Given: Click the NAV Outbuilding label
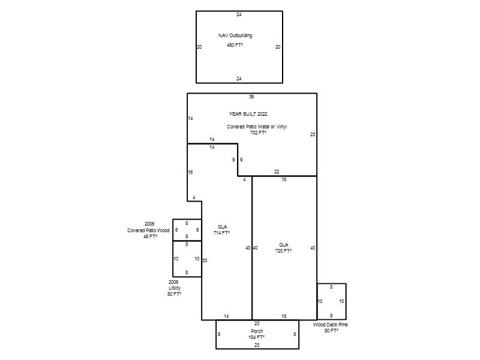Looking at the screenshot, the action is pyautogui.click(x=235, y=35).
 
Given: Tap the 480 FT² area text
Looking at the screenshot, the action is pyautogui.click(x=235, y=45).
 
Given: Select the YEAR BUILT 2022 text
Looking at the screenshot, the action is pyautogui.click(x=248, y=114).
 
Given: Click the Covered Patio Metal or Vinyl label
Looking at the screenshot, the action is pyautogui.click(x=257, y=127).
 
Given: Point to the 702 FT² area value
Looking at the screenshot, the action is pyautogui.click(x=258, y=133).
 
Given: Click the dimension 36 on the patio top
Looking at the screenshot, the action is pyautogui.click(x=251, y=97).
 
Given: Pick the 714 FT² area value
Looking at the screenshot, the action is pyautogui.click(x=221, y=233).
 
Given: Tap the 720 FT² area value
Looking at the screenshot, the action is pyautogui.click(x=283, y=251).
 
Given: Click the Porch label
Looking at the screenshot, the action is pyautogui.click(x=257, y=331).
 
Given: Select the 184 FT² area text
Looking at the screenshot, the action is pyautogui.click(x=257, y=337).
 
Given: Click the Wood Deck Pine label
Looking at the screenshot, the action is pyautogui.click(x=331, y=325).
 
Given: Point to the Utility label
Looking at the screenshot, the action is pyautogui.click(x=175, y=288).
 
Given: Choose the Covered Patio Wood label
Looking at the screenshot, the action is pyautogui.click(x=148, y=230).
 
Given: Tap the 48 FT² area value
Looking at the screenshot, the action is pyautogui.click(x=151, y=236).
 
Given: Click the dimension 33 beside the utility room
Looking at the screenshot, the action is pyautogui.click(x=205, y=260).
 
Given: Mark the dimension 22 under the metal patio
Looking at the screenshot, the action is pyautogui.click(x=277, y=172).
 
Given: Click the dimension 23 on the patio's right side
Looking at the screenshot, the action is pyautogui.click(x=313, y=134).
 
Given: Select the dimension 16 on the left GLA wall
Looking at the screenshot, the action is pyautogui.click(x=190, y=172).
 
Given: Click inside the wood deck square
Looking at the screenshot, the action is pyautogui.click(x=332, y=302).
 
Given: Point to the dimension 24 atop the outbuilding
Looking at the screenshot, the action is pyautogui.click(x=239, y=14).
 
